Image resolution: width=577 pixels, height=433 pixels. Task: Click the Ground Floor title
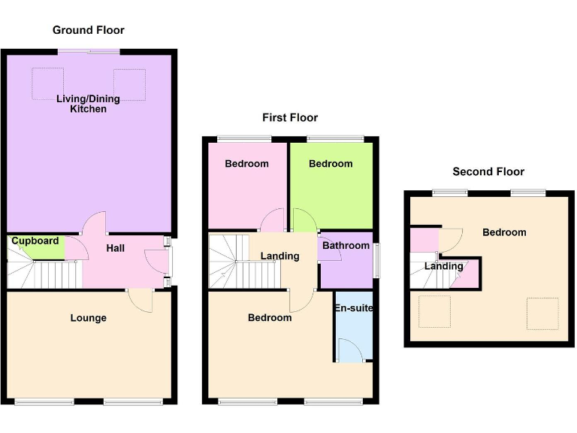(x=88, y=30)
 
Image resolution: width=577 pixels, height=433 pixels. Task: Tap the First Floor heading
(x=289, y=117)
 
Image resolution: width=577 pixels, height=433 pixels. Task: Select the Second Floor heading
(x=488, y=171)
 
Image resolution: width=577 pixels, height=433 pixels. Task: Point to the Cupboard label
(x=35, y=241)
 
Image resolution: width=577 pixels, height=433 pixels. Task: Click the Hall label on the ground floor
(x=115, y=249)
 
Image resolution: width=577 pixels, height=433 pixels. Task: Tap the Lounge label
(x=88, y=318)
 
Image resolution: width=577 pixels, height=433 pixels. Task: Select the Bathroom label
(x=346, y=246)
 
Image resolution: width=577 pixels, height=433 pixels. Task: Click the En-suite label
(x=353, y=308)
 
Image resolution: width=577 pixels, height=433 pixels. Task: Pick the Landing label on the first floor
(x=279, y=256)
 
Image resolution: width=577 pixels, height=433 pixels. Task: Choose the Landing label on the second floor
(x=443, y=266)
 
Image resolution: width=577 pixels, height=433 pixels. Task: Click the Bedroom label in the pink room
(x=246, y=164)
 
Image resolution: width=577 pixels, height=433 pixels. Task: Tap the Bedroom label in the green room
(x=331, y=164)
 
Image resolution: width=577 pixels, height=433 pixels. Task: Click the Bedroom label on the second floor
(x=504, y=232)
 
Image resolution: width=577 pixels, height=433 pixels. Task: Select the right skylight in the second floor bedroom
(x=542, y=313)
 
